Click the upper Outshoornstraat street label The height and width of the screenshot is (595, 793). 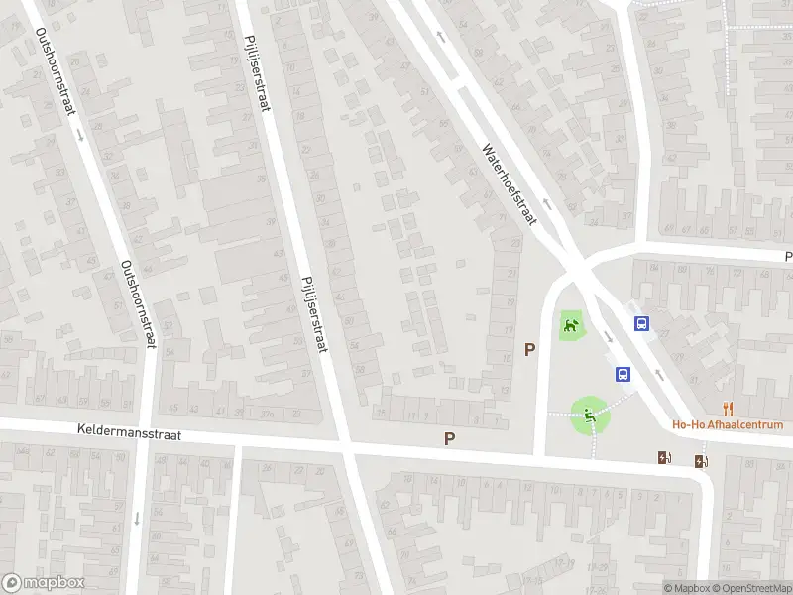click(57, 72)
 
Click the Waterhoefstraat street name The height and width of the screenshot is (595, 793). click(509, 184)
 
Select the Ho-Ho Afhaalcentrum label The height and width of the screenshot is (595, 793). click(728, 425)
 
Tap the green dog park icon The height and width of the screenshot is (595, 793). click(571, 324)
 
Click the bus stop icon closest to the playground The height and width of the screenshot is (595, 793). click(623, 374)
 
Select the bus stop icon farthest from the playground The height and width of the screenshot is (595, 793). click(642, 323)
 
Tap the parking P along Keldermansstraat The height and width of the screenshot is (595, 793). click(450, 437)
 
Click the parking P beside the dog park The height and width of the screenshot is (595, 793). click(530, 349)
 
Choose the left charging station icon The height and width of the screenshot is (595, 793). click(664, 457)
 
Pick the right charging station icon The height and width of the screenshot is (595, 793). click(702, 460)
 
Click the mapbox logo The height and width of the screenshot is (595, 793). click(43, 583)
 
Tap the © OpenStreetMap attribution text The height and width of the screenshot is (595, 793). click(749, 588)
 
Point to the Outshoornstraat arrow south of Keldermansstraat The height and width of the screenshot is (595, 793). click(137, 518)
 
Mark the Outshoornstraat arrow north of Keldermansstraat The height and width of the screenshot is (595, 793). click(80, 131)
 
